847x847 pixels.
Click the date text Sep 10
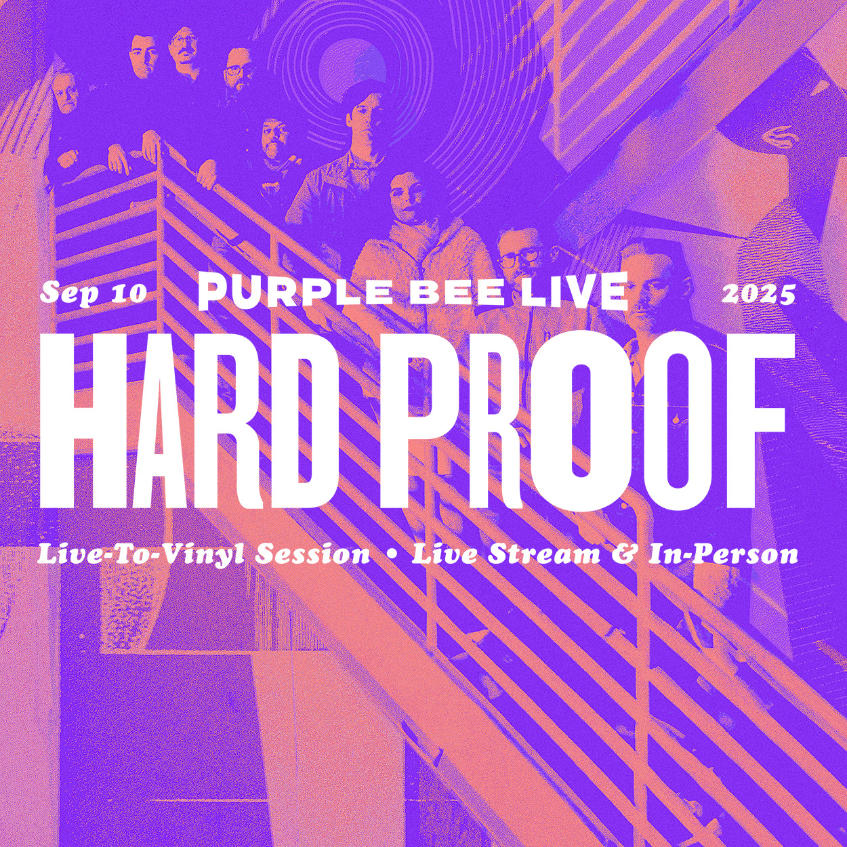[x=94, y=292]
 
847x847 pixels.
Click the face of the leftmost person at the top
[x=65, y=95]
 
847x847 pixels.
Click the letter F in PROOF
[x=758, y=419]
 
